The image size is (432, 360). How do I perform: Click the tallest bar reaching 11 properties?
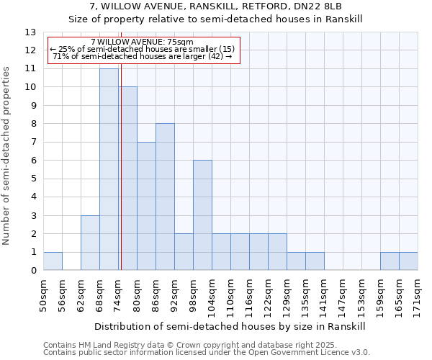[109, 169]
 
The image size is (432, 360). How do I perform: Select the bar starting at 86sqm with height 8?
[165, 197]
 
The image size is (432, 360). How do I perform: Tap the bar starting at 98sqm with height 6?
[202, 215]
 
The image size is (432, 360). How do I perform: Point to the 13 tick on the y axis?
[30, 32]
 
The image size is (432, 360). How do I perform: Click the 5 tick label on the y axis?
[33, 179]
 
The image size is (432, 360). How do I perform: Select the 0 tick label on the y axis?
[33, 271]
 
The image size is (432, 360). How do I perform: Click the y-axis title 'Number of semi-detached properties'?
[8, 155]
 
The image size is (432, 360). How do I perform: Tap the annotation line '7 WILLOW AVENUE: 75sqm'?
[143, 42]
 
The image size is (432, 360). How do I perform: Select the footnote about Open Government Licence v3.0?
[207, 353]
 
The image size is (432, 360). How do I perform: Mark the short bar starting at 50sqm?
[53, 261]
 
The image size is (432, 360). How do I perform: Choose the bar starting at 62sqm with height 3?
[90, 243]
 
